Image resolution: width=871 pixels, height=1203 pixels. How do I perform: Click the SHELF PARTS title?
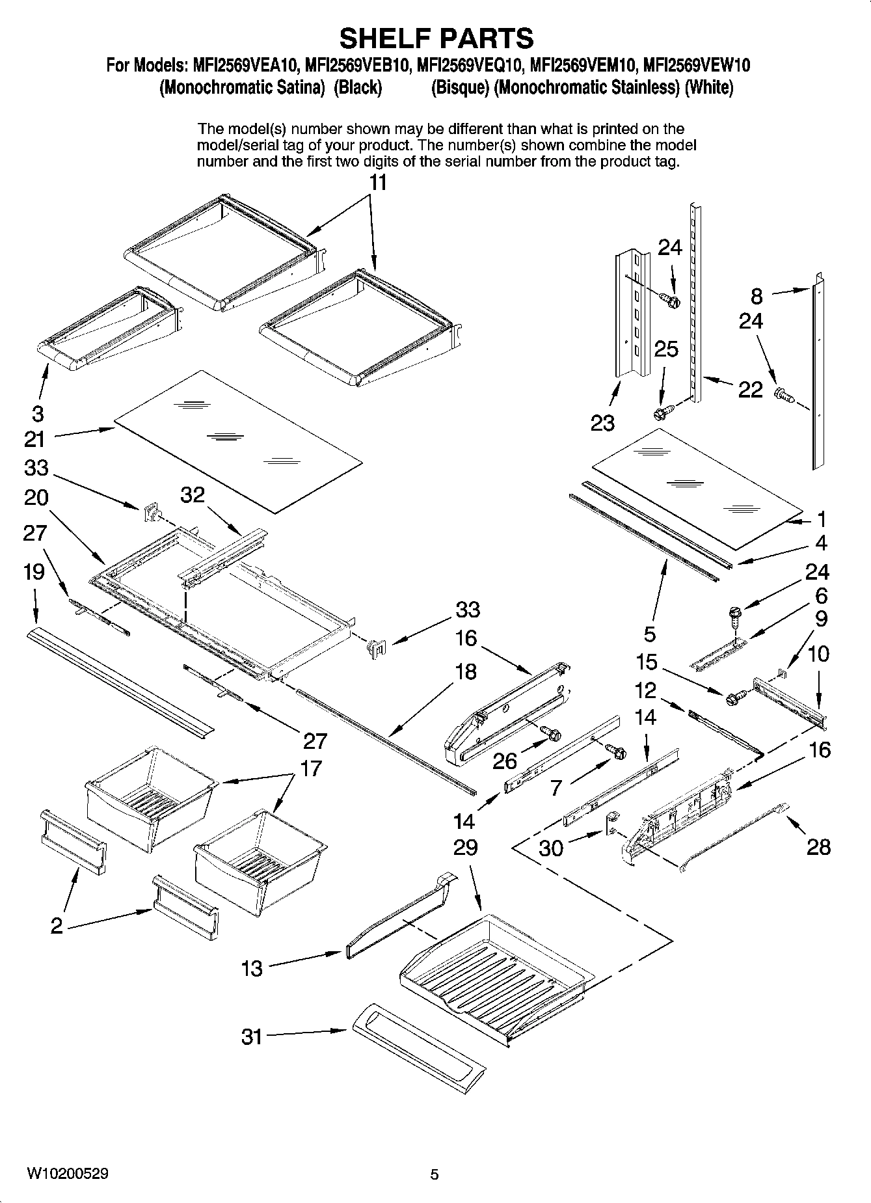tap(436, 38)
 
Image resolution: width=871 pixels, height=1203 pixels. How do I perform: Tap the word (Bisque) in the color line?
tap(460, 88)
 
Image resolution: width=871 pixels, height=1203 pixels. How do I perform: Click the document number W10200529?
tap(68, 1174)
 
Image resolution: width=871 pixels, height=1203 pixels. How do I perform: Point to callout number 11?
tap(378, 183)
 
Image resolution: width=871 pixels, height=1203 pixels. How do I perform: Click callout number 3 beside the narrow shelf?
tap(38, 412)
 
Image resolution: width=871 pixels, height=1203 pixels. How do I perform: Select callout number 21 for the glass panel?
tap(34, 439)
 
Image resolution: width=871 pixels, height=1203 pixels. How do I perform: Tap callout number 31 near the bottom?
tap(252, 1036)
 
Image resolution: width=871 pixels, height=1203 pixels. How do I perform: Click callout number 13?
tap(252, 969)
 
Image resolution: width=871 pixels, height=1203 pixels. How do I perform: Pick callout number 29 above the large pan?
tap(466, 847)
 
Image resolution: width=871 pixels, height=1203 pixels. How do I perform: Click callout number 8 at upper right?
tap(757, 296)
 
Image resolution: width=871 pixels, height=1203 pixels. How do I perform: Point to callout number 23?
tap(602, 423)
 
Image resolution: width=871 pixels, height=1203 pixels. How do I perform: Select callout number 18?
tap(466, 671)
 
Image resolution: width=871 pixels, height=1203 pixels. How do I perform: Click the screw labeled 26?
tap(553, 735)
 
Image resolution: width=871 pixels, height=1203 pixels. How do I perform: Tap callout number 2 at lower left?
tap(57, 925)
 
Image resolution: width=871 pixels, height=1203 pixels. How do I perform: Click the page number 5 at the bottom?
tap(435, 1174)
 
